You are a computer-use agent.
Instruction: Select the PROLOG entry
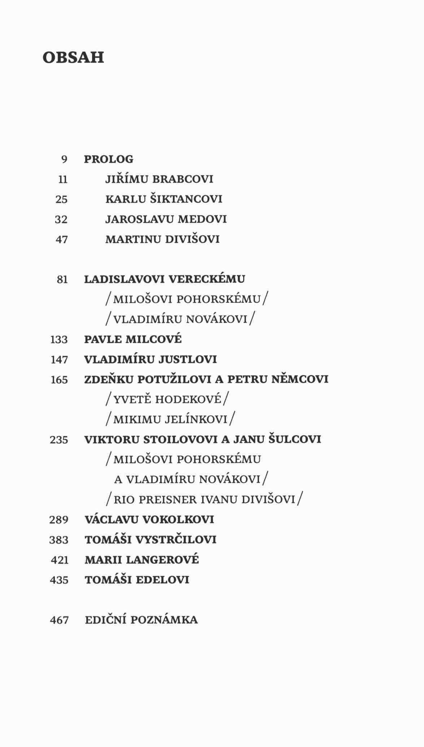pos(109,159)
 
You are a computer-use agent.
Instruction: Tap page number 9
pos(64,160)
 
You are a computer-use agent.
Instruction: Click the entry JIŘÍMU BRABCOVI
pos(159,179)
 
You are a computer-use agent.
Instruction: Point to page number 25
pos(61,200)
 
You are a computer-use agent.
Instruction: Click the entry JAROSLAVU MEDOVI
pos(166,219)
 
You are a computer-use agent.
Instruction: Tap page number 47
pos(61,240)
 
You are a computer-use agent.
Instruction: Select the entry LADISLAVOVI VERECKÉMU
pos(165,279)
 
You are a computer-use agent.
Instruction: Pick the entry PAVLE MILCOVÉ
pos(133,340)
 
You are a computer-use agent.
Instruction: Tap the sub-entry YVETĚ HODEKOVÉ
pos(167,399)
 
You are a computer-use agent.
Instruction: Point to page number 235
pos(59,440)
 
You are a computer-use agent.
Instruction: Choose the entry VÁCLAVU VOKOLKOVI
pos(149,520)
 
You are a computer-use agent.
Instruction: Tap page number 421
pos(60,560)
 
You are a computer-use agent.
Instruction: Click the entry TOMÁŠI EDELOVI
pos(137,580)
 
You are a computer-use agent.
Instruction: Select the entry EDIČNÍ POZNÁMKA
pos(141,620)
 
